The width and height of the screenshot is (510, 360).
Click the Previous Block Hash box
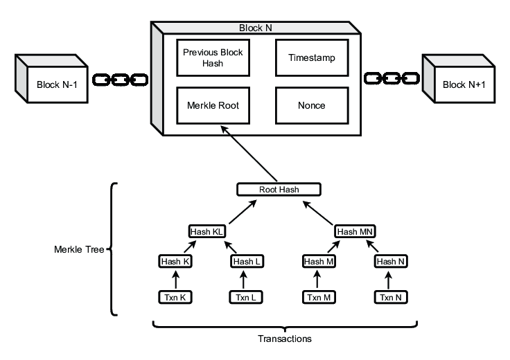click(x=213, y=58)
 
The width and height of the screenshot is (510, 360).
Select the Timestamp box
click(x=312, y=58)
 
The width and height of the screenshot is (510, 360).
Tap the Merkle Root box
click(x=213, y=105)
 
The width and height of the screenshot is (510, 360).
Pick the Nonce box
click(x=312, y=105)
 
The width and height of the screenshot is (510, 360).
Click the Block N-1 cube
click(x=52, y=79)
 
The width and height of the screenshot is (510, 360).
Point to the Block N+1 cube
click(x=459, y=79)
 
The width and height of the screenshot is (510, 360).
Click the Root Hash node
click(x=279, y=190)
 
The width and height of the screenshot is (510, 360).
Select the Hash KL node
click(x=207, y=232)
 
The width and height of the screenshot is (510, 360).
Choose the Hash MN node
click(x=355, y=232)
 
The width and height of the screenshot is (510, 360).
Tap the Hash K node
click(x=175, y=262)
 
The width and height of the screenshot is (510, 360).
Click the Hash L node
click(x=247, y=262)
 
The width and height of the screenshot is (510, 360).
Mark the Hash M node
click(x=319, y=262)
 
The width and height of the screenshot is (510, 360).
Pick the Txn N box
click(x=391, y=297)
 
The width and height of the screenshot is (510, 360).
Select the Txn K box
click(x=175, y=297)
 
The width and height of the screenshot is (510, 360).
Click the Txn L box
click(x=246, y=297)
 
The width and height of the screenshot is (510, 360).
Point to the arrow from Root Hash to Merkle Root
click(x=249, y=154)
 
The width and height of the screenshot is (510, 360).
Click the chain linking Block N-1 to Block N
click(x=121, y=80)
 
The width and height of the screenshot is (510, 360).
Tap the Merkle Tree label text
click(x=79, y=249)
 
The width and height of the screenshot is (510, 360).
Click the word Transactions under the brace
click(x=285, y=339)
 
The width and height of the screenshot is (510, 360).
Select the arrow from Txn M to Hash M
click(x=317, y=280)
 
